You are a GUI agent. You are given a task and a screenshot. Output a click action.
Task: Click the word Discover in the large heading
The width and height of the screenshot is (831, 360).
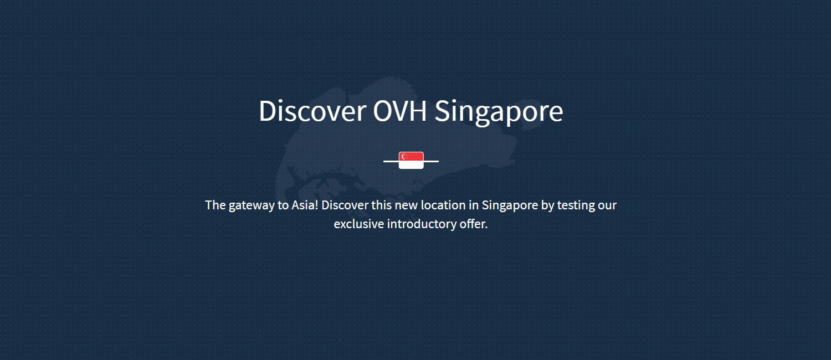tap(313, 110)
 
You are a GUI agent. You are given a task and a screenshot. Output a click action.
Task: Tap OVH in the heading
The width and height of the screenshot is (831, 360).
tap(400, 110)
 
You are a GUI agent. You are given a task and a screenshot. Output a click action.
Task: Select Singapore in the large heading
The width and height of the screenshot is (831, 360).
tap(499, 112)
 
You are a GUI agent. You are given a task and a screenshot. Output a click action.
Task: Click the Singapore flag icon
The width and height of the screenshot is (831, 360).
tap(411, 160)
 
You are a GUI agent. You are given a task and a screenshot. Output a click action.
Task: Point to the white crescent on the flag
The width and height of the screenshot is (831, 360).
tap(404, 156)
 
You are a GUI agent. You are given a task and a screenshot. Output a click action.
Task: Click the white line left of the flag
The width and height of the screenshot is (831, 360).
tap(391, 161)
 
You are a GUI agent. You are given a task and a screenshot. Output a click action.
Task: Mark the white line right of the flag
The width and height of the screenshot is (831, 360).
tap(431, 161)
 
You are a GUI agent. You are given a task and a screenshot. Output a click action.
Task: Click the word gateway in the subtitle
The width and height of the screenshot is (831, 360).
tap(252, 206)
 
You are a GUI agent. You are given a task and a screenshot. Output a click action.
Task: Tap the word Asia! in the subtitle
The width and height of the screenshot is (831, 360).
tap(305, 205)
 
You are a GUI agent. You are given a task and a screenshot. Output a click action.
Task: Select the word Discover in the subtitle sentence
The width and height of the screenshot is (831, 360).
tap(345, 205)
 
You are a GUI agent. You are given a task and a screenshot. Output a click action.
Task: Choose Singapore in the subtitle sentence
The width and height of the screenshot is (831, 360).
tap(510, 206)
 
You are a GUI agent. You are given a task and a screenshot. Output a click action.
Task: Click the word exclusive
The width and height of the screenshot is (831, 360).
tap(359, 224)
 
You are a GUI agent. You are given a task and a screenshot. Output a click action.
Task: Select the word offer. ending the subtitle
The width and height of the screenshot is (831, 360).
tap(474, 224)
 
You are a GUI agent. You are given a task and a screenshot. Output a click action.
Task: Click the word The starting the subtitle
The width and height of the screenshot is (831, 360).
tap(216, 205)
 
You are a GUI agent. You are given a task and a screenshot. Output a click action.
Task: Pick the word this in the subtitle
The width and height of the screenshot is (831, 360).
tap(382, 205)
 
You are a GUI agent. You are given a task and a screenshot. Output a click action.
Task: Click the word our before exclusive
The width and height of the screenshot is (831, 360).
tap(607, 207)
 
